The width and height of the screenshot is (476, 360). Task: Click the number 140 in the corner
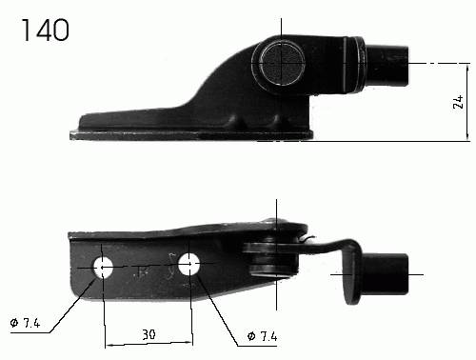[x=45, y=30]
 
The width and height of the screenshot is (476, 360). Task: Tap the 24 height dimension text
[x=458, y=102]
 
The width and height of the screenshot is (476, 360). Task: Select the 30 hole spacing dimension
[x=149, y=334]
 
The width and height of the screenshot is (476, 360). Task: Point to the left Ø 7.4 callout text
[x=25, y=323]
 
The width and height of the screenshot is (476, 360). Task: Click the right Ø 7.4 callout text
[x=262, y=336]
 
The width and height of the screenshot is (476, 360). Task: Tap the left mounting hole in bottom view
[x=103, y=268]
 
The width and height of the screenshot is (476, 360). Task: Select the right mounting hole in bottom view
[x=188, y=264]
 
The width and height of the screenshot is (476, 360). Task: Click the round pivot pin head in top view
[x=281, y=63]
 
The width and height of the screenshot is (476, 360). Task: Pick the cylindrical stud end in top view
[x=387, y=66]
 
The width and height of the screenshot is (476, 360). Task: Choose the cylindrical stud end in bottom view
[x=385, y=274]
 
